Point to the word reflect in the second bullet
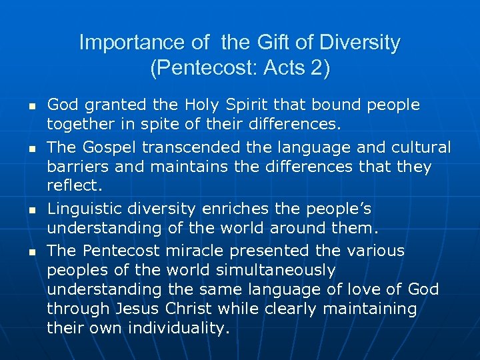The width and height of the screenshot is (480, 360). pyautogui.click(x=69, y=185)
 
